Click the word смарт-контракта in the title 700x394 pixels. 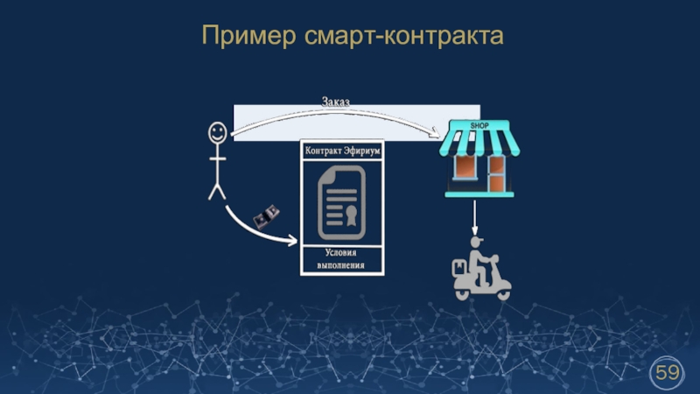(x=405, y=36)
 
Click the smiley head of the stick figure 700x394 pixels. (x=216, y=133)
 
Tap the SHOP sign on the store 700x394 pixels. (x=479, y=125)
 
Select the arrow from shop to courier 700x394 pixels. (x=474, y=215)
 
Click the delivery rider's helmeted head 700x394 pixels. (x=476, y=242)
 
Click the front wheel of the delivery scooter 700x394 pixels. (x=502, y=292)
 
